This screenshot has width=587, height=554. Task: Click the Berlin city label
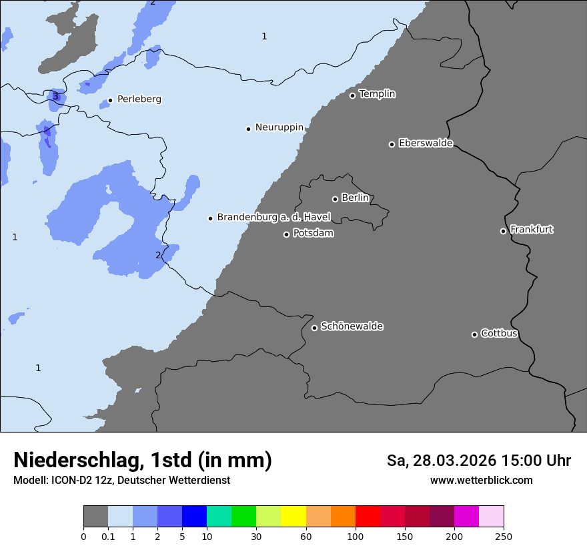click(355, 198)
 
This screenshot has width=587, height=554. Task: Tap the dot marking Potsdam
click(287, 234)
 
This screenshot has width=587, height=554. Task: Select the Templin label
click(377, 94)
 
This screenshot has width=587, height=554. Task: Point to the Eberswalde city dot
click(392, 144)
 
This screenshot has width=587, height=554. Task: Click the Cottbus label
click(499, 334)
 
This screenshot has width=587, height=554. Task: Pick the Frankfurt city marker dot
click(504, 231)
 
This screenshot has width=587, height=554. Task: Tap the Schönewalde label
click(352, 326)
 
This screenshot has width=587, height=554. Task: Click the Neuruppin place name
click(279, 127)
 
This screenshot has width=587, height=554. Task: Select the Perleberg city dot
click(110, 101)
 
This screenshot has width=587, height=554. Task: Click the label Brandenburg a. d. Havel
click(273, 218)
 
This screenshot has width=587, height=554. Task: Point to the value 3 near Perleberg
click(55, 96)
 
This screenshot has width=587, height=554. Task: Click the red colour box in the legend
click(368, 517)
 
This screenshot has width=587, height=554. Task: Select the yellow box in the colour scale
click(293, 517)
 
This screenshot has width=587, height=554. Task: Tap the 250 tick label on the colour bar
click(504, 537)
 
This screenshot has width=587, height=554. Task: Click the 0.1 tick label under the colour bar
click(108, 537)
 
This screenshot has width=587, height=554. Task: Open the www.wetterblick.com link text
click(481, 481)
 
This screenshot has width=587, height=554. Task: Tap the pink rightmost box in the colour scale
click(492, 517)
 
